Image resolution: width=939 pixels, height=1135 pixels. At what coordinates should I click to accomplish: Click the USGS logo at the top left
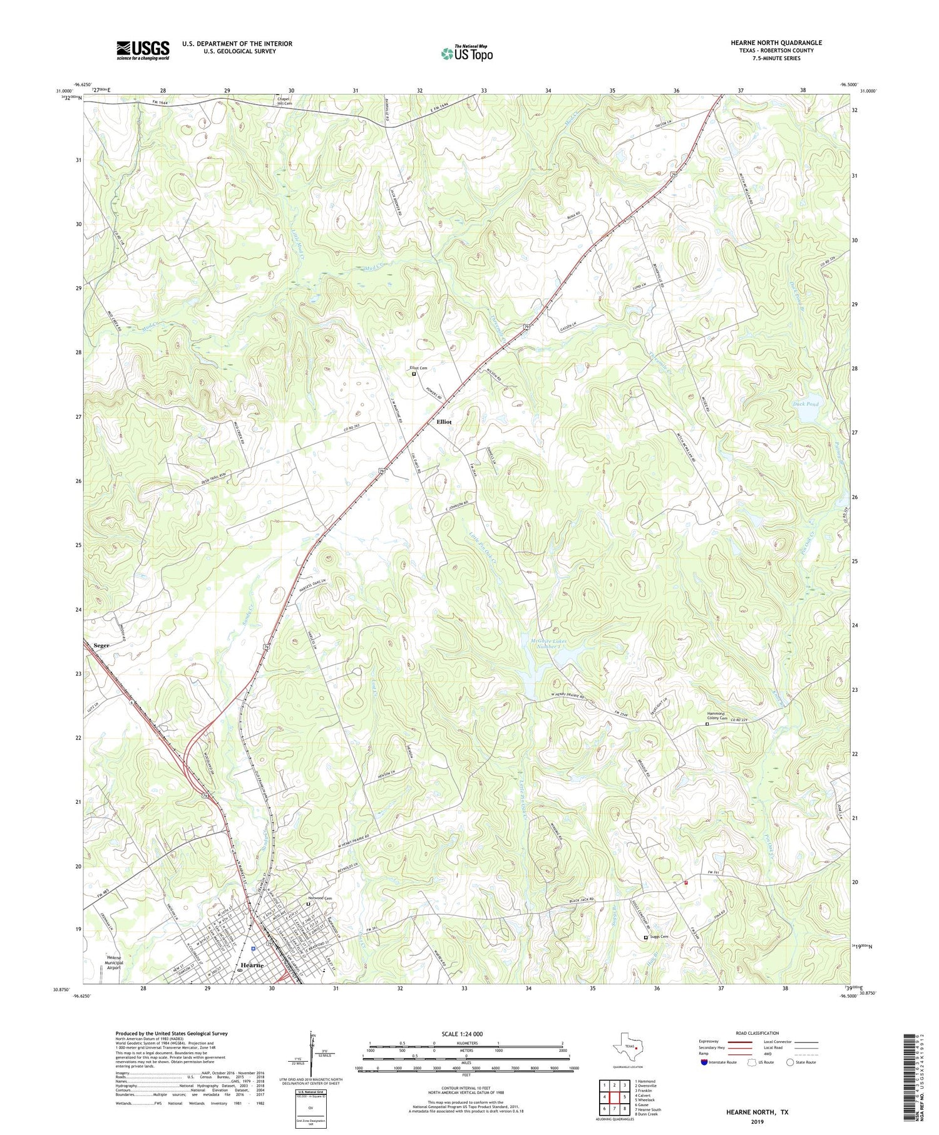click(x=143, y=50)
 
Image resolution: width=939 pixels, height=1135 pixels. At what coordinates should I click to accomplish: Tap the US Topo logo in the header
click(x=466, y=54)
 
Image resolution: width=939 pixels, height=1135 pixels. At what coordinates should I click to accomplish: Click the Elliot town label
click(x=444, y=422)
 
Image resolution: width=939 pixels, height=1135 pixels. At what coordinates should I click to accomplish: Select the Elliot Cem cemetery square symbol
click(x=414, y=374)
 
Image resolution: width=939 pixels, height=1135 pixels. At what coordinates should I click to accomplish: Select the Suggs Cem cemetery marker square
click(x=646, y=937)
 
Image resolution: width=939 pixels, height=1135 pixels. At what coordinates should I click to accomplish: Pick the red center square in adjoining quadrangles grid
click(x=617, y=1097)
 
